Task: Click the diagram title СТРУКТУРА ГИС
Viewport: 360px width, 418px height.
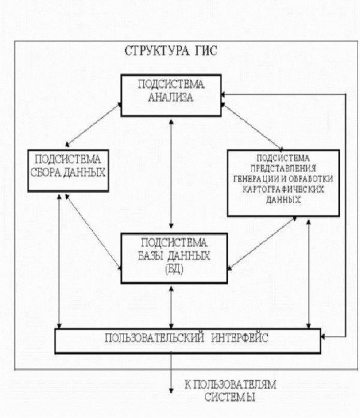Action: pyautogui.click(x=171, y=51)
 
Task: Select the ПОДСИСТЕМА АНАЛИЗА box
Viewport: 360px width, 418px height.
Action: pyautogui.click(x=171, y=95)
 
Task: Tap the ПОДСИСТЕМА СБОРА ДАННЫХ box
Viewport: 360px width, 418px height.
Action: pyautogui.click(x=68, y=170)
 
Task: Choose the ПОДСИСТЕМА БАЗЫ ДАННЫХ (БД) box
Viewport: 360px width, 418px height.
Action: pyautogui.click(x=174, y=258)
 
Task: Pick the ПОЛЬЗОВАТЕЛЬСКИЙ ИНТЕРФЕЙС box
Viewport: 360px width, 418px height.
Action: pyautogui.click(x=187, y=341)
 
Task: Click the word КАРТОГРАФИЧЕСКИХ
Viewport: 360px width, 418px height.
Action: pyautogui.click(x=283, y=190)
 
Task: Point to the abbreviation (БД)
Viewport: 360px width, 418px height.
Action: pyautogui.click(x=174, y=269)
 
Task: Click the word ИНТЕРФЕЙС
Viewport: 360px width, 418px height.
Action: pyautogui.click(x=240, y=338)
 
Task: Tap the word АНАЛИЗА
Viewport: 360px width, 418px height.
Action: pyautogui.click(x=171, y=97)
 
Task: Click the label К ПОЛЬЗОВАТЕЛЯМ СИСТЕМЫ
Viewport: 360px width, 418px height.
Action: pyautogui.click(x=231, y=391)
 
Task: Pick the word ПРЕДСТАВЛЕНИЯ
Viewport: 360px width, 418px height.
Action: pyautogui.click(x=283, y=168)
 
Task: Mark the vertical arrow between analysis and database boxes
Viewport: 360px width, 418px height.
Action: pyautogui.click(x=171, y=174)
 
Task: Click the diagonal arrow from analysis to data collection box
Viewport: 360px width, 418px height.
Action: pyautogui.click(x=93, y=125)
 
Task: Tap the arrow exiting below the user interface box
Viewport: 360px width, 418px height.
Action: pyautogui.click(x=171, y=373)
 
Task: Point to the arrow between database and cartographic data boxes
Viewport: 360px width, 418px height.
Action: pyautogui.click(x=262, y=243)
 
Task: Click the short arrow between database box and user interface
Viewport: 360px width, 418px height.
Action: pyautogui.click(x=171, y=308)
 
